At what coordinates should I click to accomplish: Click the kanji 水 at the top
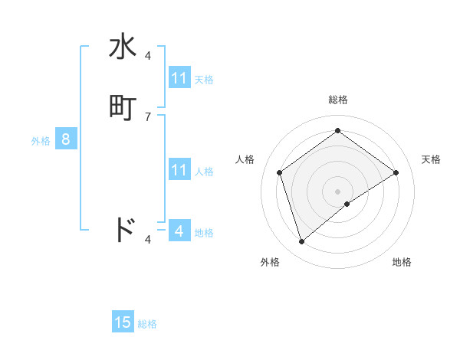[123, 47]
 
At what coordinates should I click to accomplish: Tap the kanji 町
[123, 108]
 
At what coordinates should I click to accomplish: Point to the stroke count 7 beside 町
[148, 117]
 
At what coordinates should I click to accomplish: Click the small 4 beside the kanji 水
[148, 56]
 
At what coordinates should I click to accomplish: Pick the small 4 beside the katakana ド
[148, 240]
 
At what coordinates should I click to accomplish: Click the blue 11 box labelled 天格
[179, 78]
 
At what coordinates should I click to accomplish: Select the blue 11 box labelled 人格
[179, 170]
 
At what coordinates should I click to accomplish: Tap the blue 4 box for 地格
[179, 231]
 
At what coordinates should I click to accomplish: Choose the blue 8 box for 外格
[66, 139]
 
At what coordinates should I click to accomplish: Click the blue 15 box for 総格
[123, 322]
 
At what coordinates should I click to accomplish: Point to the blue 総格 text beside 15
[147, 324]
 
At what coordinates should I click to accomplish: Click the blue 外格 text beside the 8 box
[40, 141]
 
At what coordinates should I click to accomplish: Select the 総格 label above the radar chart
[337, 100]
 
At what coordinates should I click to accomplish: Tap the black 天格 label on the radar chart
[431, 159]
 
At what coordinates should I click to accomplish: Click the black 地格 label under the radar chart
[402, 262]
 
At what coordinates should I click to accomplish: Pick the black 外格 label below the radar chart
[270, 262]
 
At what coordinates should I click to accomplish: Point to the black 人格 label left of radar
[245, 159]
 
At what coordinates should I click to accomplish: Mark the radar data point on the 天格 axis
[396, 172]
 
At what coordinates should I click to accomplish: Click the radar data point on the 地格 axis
[347, 204]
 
